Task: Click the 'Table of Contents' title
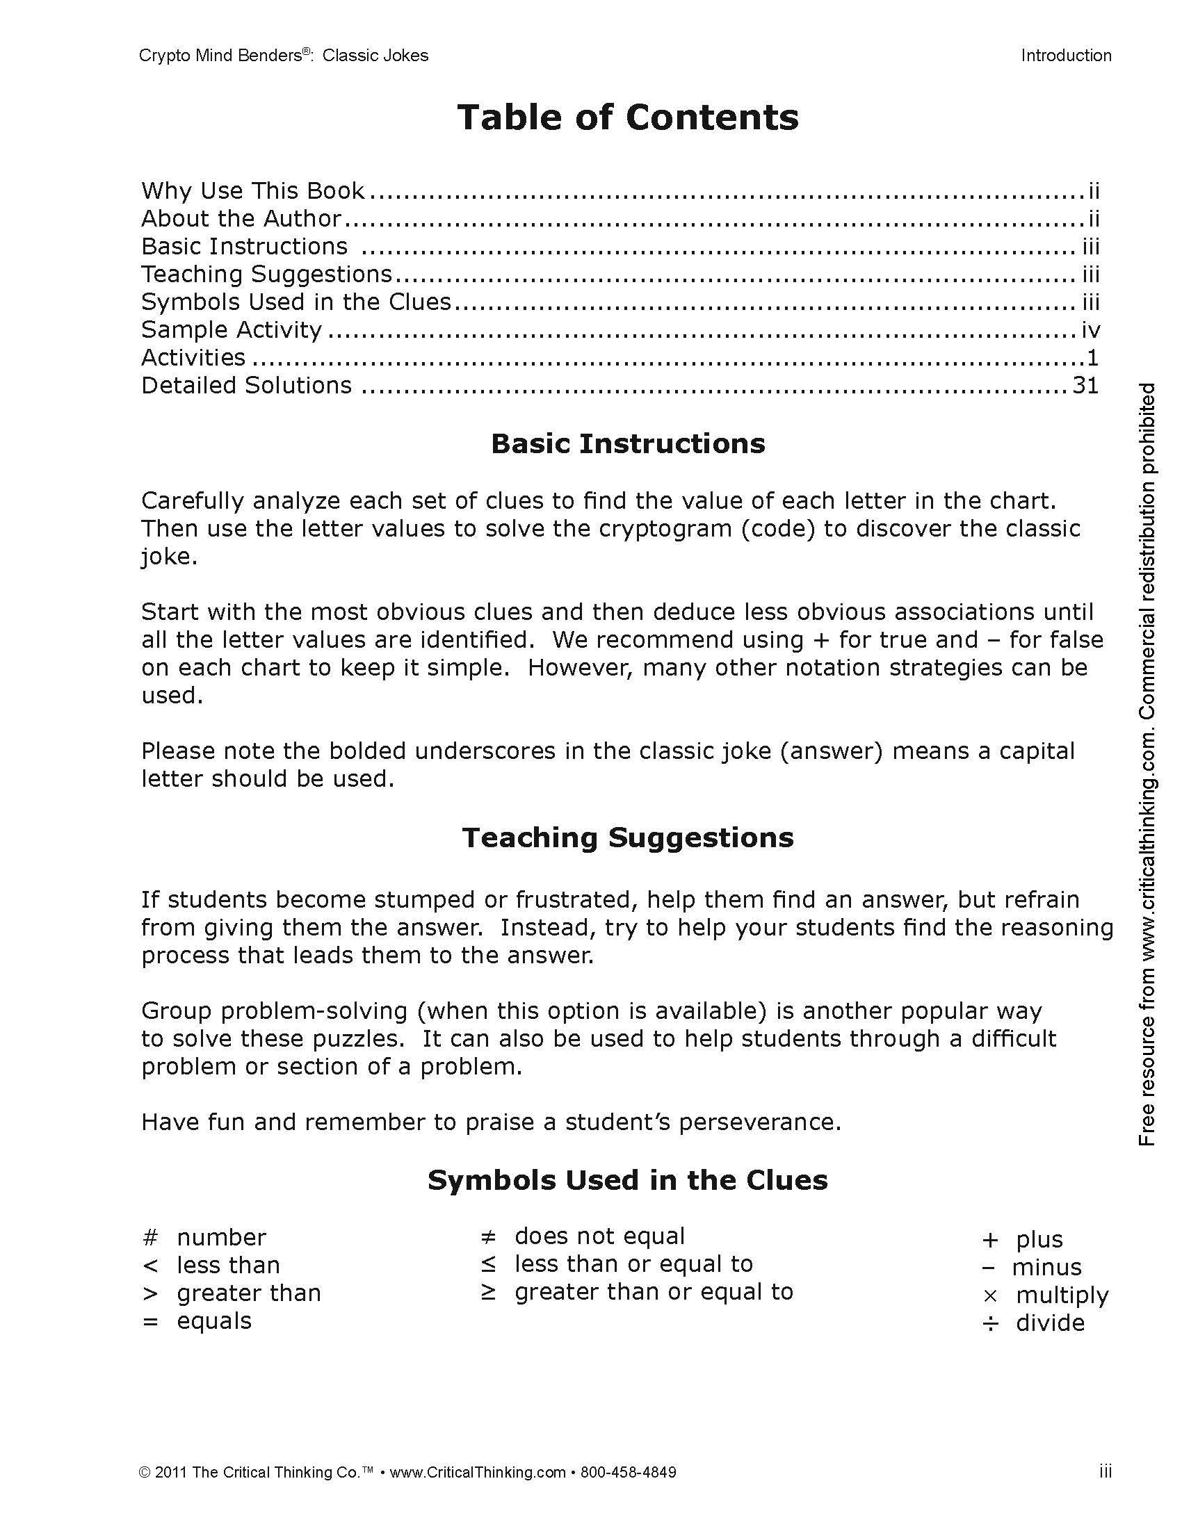click(x=627, y=117)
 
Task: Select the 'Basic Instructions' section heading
click(x=627, y=444)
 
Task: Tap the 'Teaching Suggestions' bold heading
click(x=627, y=837)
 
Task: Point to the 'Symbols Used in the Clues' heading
click(x=627, y=1180)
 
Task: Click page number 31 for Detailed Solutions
click(x=1085, y=385)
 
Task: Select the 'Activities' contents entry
click(x=193, y=358)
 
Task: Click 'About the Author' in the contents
click(x=241, y=218)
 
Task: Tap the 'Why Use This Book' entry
click(x=253, y=190)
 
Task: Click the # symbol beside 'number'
click(x=151, y=1237)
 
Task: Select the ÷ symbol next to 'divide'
click(x=989, y=1323)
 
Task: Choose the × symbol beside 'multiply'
click(x=989, y=1296)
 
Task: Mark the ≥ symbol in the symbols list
click(x=488, y=1292)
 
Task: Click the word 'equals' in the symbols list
click(x=214, y=1321)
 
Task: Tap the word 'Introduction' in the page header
click(x=1066, y=56)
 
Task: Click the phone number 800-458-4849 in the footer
click(x=628, y=1472)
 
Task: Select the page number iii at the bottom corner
click(x=1105, y=1472)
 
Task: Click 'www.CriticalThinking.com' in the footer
click(x=478, y=1472)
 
